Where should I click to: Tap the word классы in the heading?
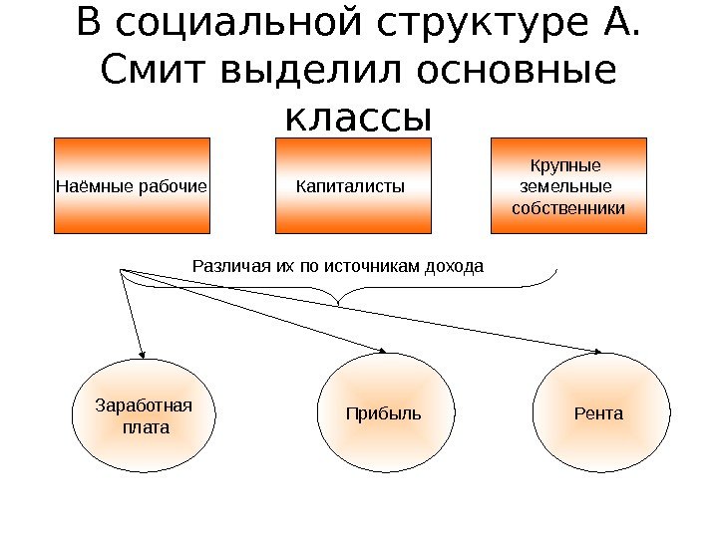[x=359, y=118]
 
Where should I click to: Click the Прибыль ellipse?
[x=384, y=412]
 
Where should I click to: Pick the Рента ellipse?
[x=598, y=412]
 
